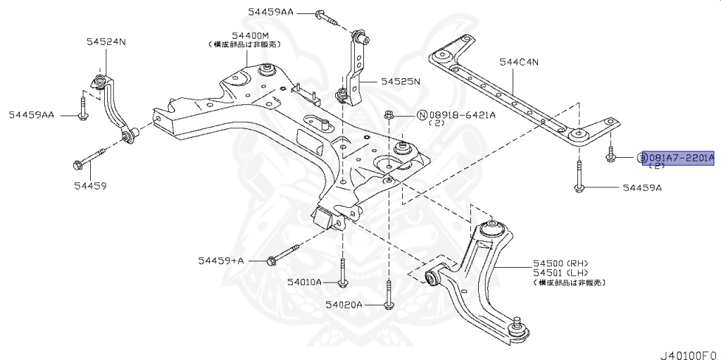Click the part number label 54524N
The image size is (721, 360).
click(x=106, y=42)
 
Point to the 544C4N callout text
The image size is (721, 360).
click(x=519, y=62)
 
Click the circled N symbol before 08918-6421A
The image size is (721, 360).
click(x=422, y=115)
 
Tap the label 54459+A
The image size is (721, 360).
click(x=220, y=261)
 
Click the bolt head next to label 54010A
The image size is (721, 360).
click(x=342, y=283)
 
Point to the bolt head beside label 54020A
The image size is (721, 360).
click(x=388, y=305)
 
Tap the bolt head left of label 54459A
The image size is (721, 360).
click(x=578, y=188)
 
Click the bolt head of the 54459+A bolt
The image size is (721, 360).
click(x=270, y=261)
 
